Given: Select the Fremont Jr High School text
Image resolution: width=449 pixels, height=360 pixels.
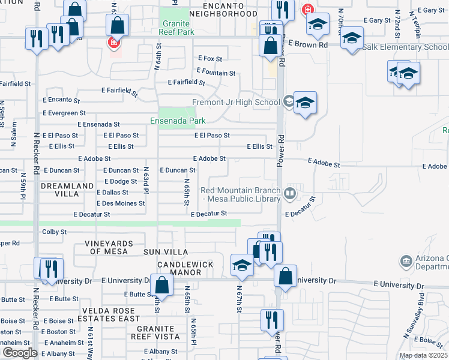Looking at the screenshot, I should (236, 102).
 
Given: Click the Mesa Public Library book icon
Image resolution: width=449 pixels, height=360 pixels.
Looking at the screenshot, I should (290, 193).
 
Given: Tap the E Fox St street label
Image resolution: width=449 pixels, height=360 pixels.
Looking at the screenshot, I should (210, 59).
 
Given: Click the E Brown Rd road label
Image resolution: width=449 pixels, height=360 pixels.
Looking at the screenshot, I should (307, 44).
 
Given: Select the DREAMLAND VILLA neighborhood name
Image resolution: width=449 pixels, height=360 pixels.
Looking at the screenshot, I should (59, 190).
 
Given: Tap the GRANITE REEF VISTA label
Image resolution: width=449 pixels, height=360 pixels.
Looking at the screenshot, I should (164, 333).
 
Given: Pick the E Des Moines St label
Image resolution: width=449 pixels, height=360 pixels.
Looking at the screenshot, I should (121, 203).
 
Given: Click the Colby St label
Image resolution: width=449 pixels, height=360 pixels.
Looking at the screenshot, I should (53, 232).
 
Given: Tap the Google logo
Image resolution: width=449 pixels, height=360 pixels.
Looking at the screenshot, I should (20, 352).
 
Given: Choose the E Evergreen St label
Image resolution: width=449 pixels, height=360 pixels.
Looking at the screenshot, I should (64, 113).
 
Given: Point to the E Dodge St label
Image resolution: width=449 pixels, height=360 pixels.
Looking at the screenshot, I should (121, 181).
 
